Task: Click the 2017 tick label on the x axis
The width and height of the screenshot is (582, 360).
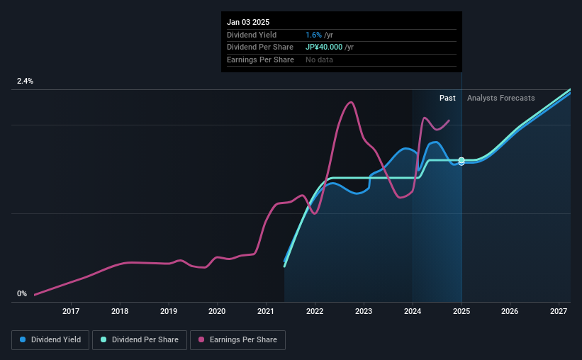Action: point(71,311)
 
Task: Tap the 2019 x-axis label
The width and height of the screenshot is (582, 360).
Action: point(169,311)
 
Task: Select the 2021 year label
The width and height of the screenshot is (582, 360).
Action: point(266,311)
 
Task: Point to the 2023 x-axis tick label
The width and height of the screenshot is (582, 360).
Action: point(364,311)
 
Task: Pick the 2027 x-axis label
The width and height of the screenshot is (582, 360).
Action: point(559,311)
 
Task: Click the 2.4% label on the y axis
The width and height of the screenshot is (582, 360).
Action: point(25,81)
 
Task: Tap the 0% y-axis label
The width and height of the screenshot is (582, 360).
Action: point(22,293)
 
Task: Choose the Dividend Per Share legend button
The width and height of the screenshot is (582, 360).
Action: point(141,340)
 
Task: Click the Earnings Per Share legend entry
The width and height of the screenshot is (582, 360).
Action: point(238,340)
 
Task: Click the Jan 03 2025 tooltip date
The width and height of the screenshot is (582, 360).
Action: point(248,22)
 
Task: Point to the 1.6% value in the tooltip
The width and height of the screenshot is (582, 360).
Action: point(312,35)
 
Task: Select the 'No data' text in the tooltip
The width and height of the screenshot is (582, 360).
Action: point(319,60)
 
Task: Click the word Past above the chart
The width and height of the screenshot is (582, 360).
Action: point(447,98)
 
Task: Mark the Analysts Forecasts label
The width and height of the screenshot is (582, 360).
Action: point(501,98)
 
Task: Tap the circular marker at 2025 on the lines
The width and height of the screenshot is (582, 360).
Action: point(461,162)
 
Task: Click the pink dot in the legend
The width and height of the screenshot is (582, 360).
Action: point(201,340)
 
